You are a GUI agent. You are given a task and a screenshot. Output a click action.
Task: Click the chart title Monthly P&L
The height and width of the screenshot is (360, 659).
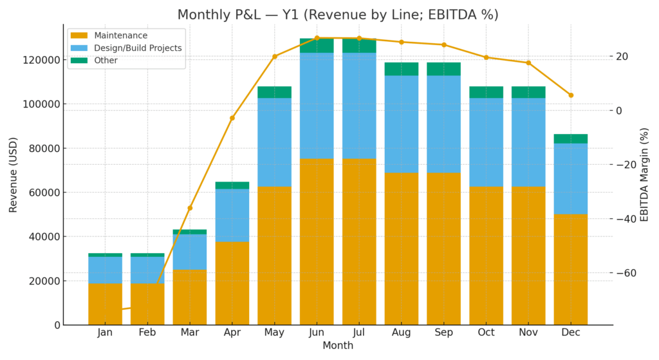(337, 14)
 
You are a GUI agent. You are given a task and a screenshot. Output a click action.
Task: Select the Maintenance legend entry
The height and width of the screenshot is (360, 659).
(120, 35)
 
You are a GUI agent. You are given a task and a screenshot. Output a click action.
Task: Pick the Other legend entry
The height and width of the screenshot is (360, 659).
(106, 61)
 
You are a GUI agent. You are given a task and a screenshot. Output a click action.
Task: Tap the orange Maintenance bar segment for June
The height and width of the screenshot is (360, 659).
(317, 242)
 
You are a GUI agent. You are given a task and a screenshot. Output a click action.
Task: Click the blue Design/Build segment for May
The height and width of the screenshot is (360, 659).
(274, 142)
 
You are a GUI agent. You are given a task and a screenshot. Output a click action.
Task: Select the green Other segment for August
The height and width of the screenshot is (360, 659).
(402, 69)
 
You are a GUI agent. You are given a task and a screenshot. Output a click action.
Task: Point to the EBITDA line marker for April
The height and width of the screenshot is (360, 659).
(232, 118)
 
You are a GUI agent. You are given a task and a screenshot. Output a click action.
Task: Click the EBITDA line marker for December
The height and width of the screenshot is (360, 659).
(571, 95)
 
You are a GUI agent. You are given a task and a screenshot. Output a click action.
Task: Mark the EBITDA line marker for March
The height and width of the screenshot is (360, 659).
(190, 208)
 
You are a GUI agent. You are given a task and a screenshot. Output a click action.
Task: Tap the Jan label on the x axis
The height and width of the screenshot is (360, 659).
(105, 333)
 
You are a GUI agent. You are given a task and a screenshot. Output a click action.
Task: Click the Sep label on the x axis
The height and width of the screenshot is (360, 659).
(443, 333)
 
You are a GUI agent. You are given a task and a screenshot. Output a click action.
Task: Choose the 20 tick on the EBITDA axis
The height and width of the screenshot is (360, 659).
(621, 57)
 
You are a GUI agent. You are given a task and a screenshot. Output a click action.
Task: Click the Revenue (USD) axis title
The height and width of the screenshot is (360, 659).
(14, 175)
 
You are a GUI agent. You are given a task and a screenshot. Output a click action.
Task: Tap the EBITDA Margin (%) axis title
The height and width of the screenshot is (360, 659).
(644, 175)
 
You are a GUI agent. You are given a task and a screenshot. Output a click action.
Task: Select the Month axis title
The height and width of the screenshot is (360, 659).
(337, 346)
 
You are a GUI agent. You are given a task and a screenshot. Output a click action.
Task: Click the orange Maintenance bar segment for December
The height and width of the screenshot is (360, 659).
(571, 269)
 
